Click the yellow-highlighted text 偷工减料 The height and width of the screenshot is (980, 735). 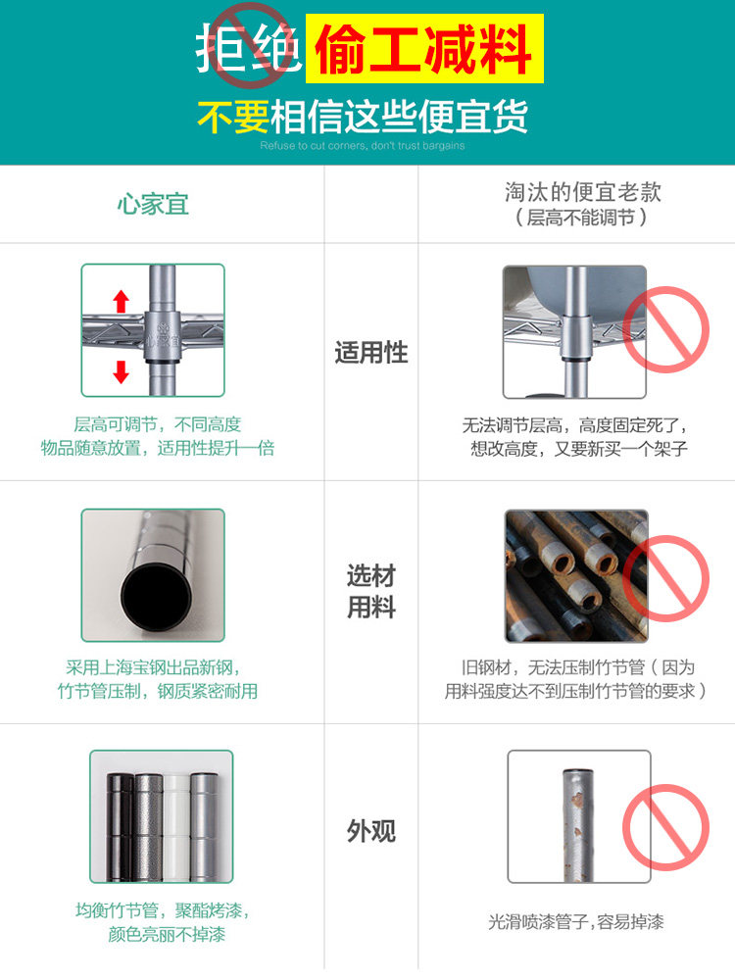pos(423,49)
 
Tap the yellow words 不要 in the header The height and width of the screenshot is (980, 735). pos(233,117)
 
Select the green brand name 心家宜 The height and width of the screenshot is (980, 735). pos(153,205)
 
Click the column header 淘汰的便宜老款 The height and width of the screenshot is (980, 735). pos(582,192)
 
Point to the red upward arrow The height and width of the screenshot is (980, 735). pos(122,301)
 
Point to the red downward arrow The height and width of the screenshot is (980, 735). pos(121,371)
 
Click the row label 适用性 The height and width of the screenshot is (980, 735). pos(371,353)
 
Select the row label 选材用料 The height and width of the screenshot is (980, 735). pos(371,591)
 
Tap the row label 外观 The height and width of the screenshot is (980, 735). pos(371,831)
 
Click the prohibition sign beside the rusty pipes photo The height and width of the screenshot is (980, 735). pos(666,578)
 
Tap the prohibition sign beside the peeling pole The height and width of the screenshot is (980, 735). pos(666,827)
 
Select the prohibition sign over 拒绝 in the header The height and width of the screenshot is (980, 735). pos(250,45)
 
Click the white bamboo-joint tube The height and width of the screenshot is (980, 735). pos(176,826)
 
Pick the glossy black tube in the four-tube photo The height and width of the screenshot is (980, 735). pos(121,826)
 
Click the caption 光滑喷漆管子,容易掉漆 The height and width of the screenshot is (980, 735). pos(575,922)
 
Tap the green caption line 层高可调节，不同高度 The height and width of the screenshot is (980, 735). pos(158,425)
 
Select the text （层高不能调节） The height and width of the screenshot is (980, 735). pos(580,218)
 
